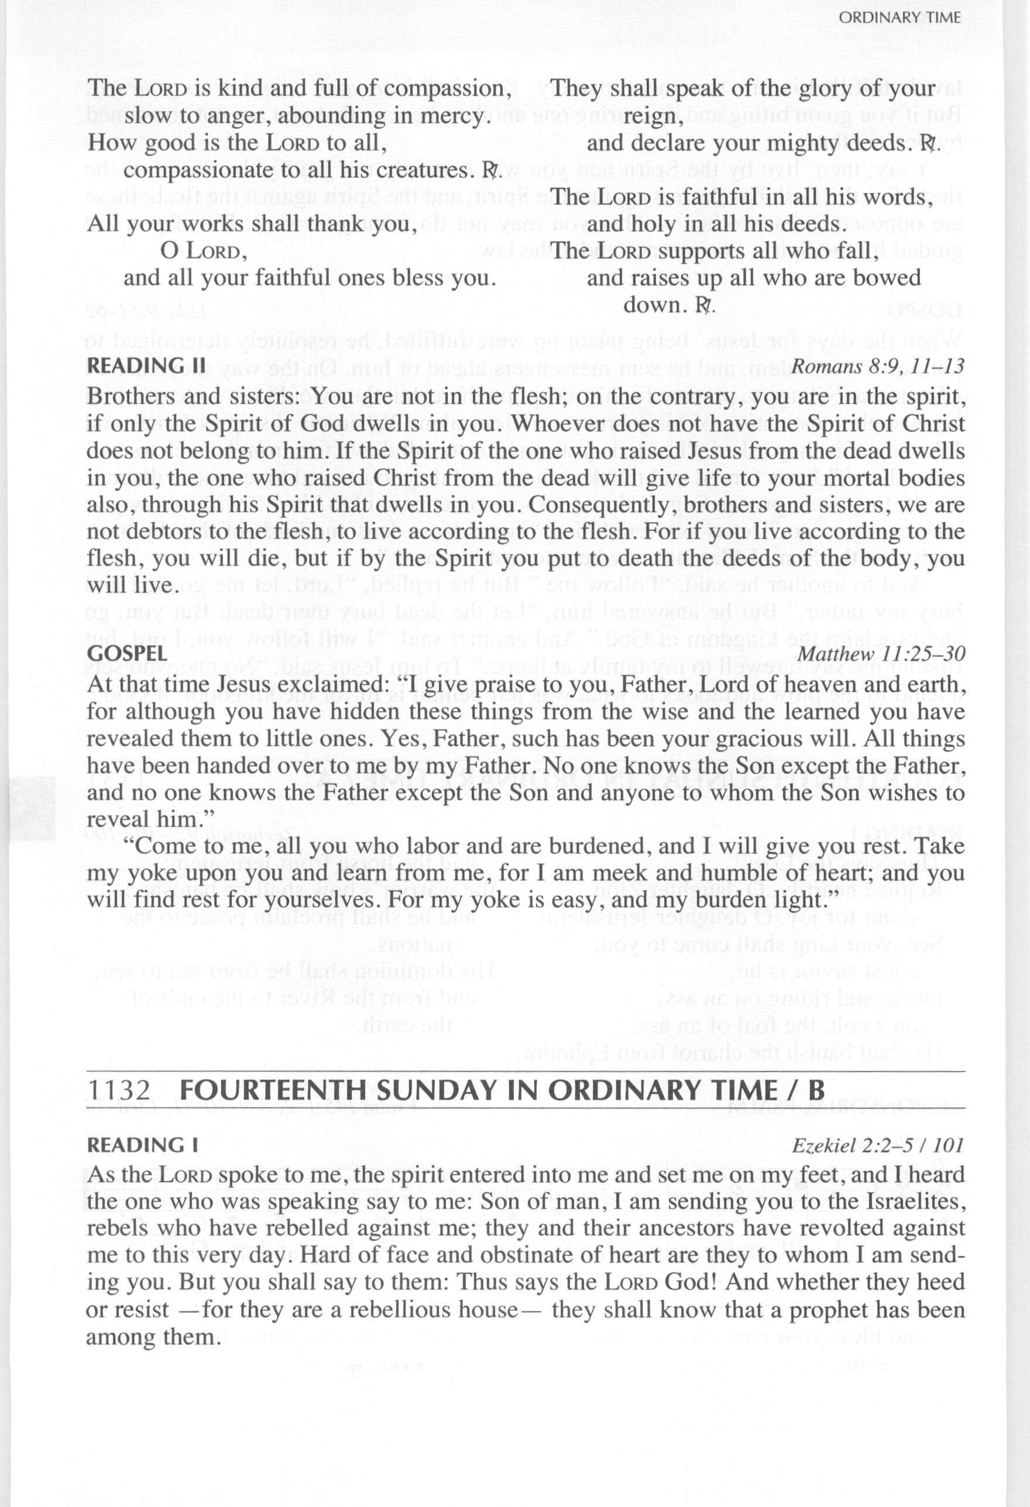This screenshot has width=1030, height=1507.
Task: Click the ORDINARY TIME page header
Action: [899, 18]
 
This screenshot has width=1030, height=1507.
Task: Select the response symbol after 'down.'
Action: [705, 305]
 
